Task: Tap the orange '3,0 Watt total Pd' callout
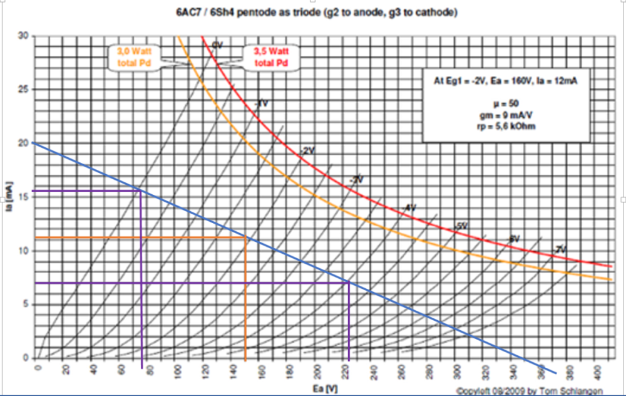135,57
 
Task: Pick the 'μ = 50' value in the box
506,102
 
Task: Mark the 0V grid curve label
217,44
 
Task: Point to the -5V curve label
461,226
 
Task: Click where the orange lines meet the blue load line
245,237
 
